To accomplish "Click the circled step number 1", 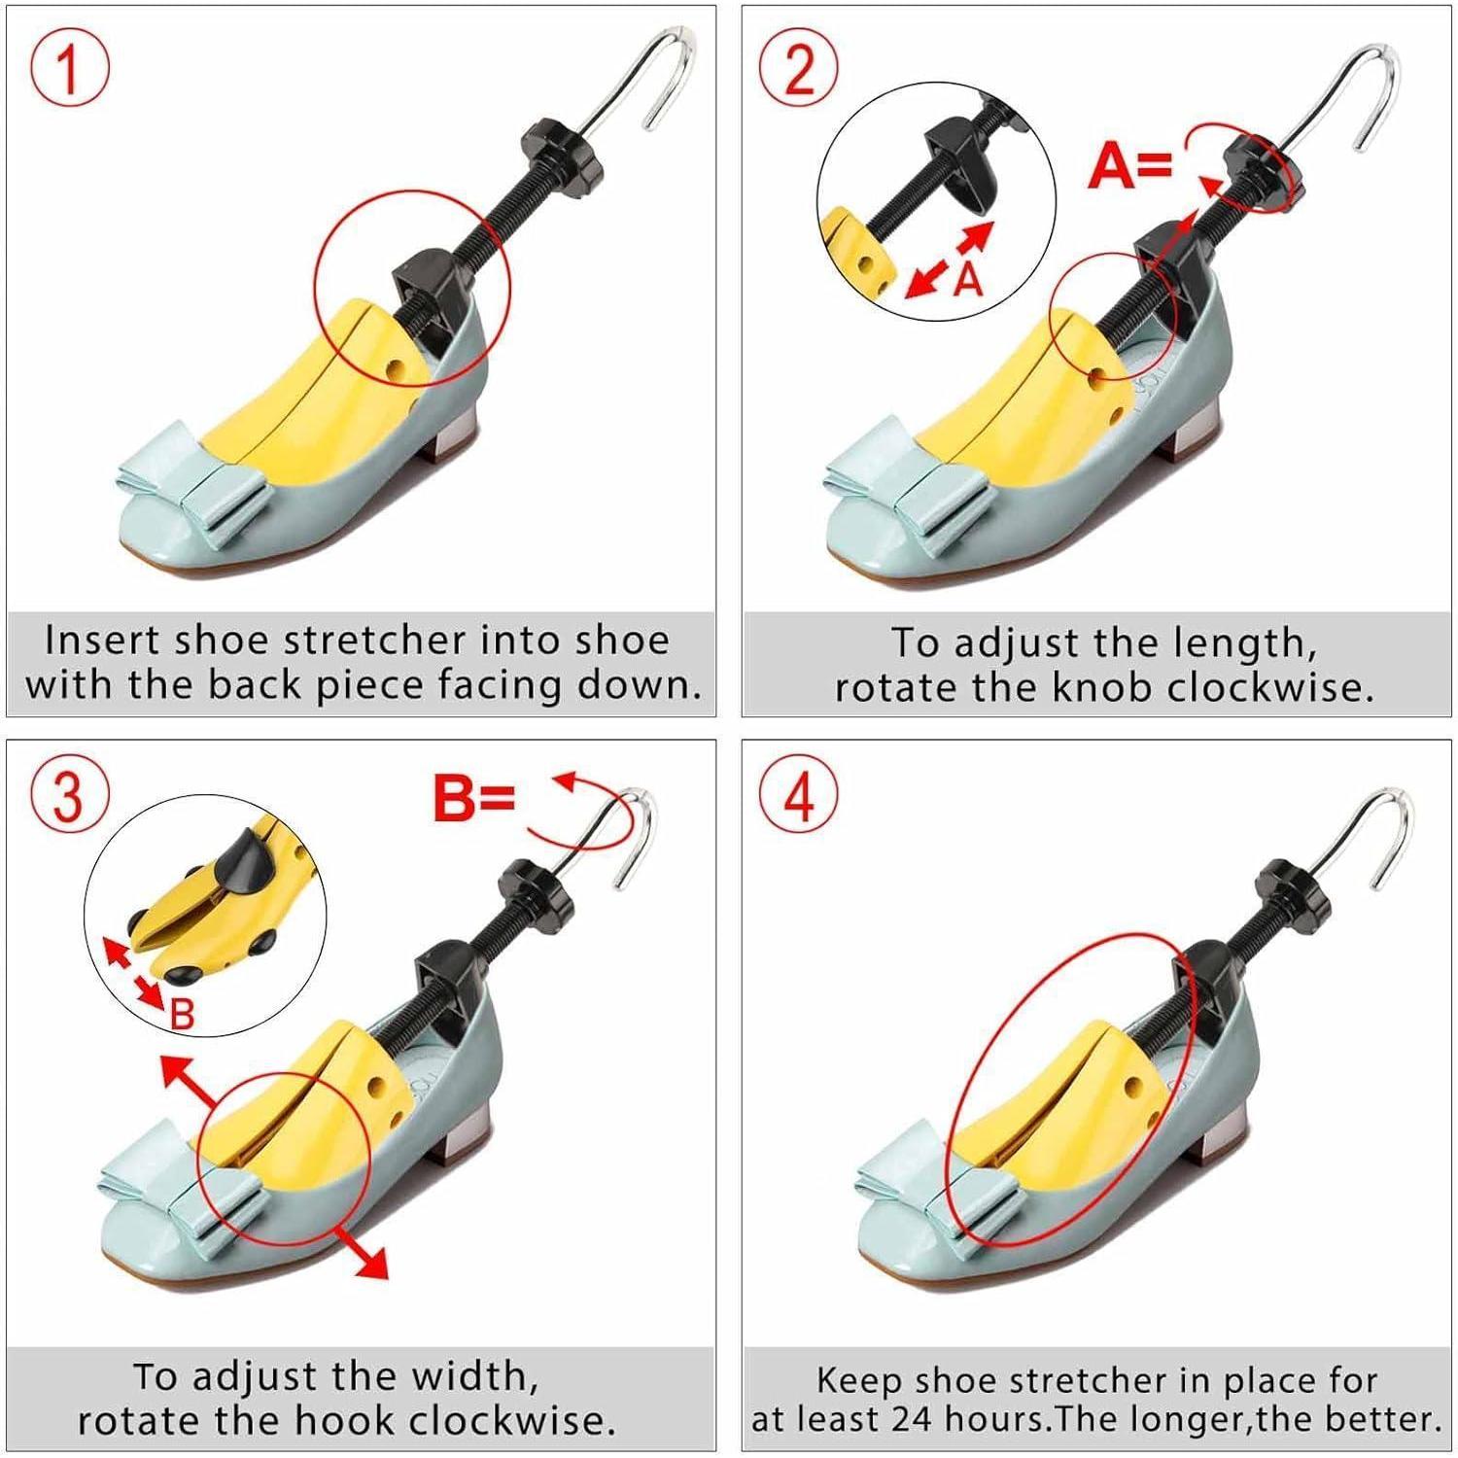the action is pyautogui.click(x=68, y=70).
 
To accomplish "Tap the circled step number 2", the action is pyautogui.click(x=799, y=70).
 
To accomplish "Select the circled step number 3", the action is pyautogui.click(x=68, y=799).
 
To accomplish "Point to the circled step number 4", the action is pyautogui.click(x=799, y=799).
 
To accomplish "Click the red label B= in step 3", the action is pyautogui.click(x=473, y=799).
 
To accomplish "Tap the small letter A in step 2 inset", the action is pyautogui.click(x=968, y=279).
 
